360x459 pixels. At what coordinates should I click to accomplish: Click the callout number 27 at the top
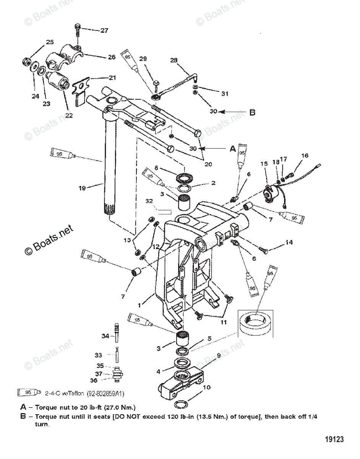(104, 31)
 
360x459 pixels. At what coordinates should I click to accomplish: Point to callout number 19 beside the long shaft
(83, 188)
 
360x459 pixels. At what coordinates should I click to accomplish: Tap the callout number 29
(143, 59)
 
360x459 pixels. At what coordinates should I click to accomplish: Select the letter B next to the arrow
(252, 112)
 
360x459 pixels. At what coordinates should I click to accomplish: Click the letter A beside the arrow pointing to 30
(233, 149)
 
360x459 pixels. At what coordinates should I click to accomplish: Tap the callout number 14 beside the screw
(289, 243)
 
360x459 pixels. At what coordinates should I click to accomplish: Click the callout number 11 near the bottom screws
(224, 322)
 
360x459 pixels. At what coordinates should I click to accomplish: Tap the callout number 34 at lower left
(105, 335)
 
